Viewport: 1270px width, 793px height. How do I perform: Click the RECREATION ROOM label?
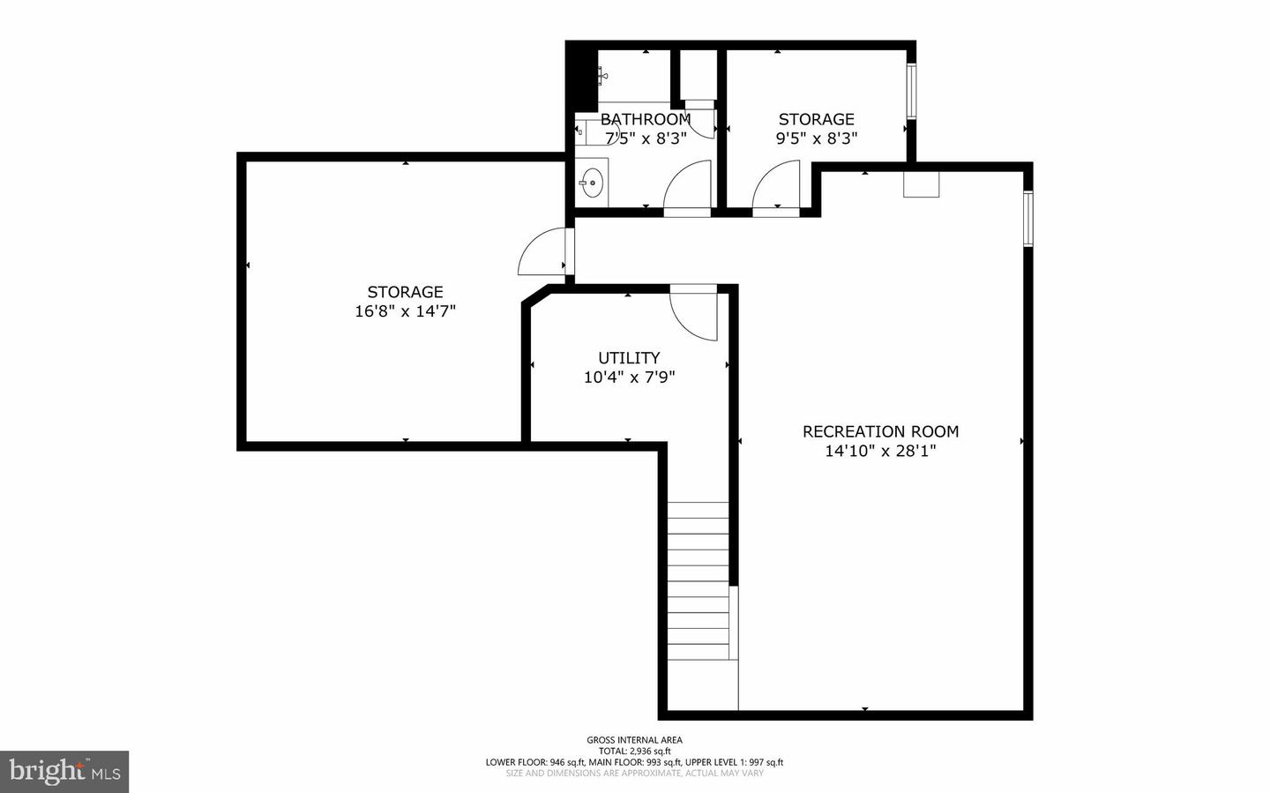pyautogui.click(x=880, y=431)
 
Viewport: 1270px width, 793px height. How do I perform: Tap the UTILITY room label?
pyautogui.click(x=629, y=357)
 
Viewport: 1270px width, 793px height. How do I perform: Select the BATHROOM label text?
pyautogui.click(x=646, y=119)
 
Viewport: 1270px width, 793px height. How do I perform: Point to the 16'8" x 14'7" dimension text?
pyautogui.click(x=405, y=311)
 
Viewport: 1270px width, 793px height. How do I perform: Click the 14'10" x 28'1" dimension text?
pyautogui.click(x=880, y=451)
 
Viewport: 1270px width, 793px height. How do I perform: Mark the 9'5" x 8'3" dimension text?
pyautogui.click(x=817, y=138)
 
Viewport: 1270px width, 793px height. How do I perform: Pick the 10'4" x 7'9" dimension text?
pyautogui.click(x=629, y=378)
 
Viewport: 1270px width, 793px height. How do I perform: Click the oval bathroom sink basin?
pyautogui.click(x=592, y=185)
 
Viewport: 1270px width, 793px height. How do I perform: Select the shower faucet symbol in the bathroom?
pyautogui.click(x=602, y=76)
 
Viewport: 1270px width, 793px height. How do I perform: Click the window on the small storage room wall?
pyautogui.click(x=912, y=90)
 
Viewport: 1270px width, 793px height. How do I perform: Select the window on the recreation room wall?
pyautogui.click(x=1027, y=218)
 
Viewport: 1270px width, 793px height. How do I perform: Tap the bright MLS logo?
pyautogui.click(x=64, y=772)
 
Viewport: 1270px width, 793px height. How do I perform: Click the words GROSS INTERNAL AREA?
pyautogui.click(x=634, y=740)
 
